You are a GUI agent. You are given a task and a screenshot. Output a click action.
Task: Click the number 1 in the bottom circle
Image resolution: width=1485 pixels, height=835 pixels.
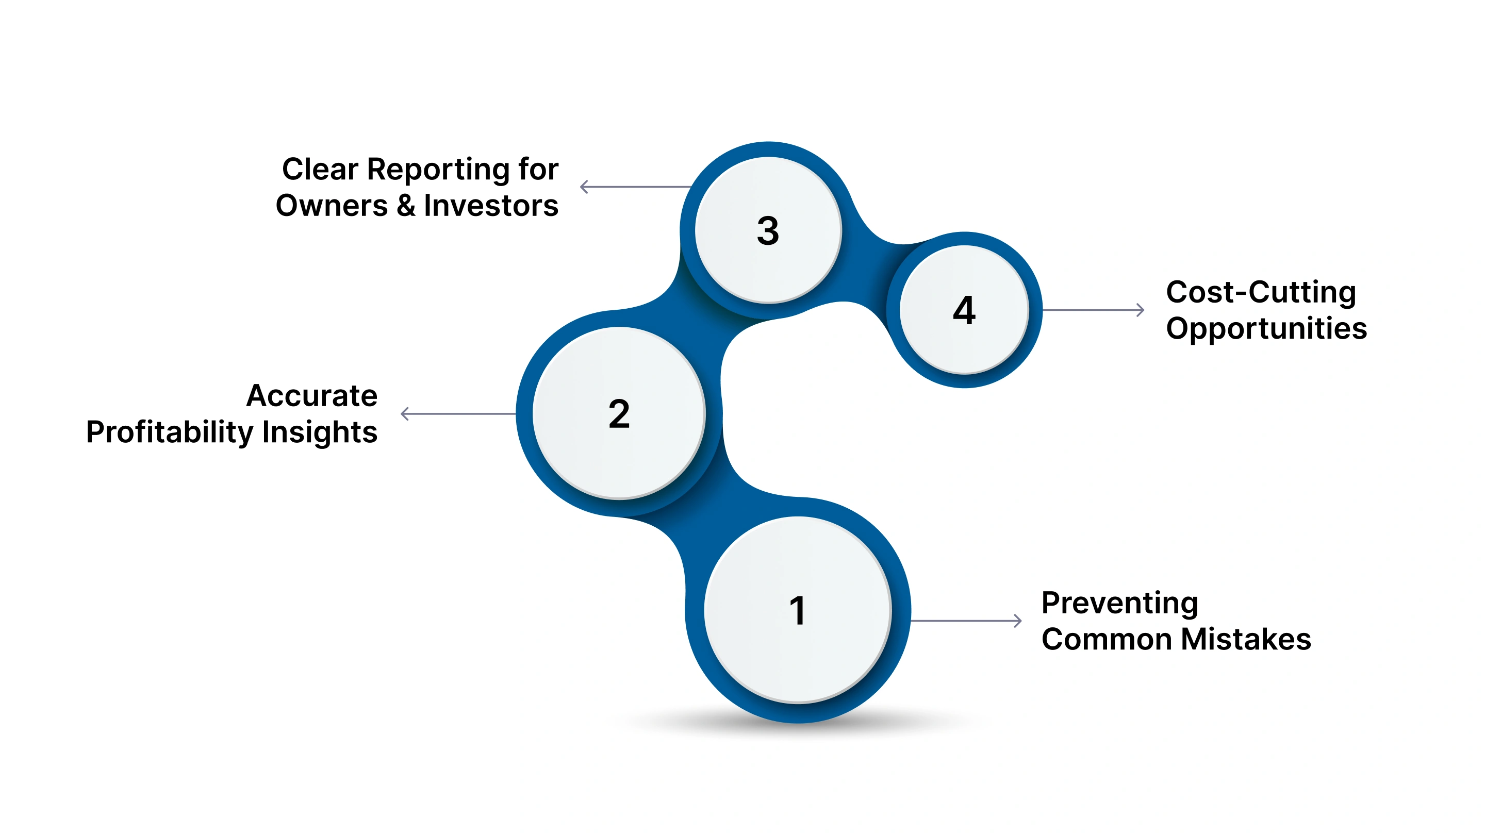click(797, 611)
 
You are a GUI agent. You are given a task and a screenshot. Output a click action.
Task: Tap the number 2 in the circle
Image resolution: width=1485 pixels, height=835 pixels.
click(619, 414)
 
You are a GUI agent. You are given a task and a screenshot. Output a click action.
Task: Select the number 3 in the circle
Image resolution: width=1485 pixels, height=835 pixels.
click(768, 231)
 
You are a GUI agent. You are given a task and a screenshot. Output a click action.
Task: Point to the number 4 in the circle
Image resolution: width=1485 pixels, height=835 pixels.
click(964, 311)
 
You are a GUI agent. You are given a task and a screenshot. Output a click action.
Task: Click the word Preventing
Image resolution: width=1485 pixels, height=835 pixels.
click(1119, 604)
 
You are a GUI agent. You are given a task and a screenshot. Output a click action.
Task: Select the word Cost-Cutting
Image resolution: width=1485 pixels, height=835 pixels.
click(1261, 292)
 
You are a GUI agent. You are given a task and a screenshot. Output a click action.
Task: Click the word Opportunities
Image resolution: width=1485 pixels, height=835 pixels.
click(1266, 329)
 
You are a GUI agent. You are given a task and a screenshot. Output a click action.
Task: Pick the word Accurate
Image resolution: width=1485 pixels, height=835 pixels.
click(312, 396)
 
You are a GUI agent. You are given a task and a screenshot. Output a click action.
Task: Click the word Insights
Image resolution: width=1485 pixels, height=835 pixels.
click(319, 432)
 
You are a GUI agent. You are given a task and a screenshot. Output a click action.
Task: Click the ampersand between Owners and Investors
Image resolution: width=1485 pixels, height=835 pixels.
click(406, 206)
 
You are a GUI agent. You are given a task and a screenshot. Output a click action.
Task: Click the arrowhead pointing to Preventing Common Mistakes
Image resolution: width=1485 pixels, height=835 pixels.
click(1018, 621)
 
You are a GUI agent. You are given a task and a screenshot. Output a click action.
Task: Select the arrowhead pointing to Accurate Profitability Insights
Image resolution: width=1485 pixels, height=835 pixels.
click(405, 414)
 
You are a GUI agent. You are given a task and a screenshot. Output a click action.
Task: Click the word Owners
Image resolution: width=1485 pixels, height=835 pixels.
click(332, 206)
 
